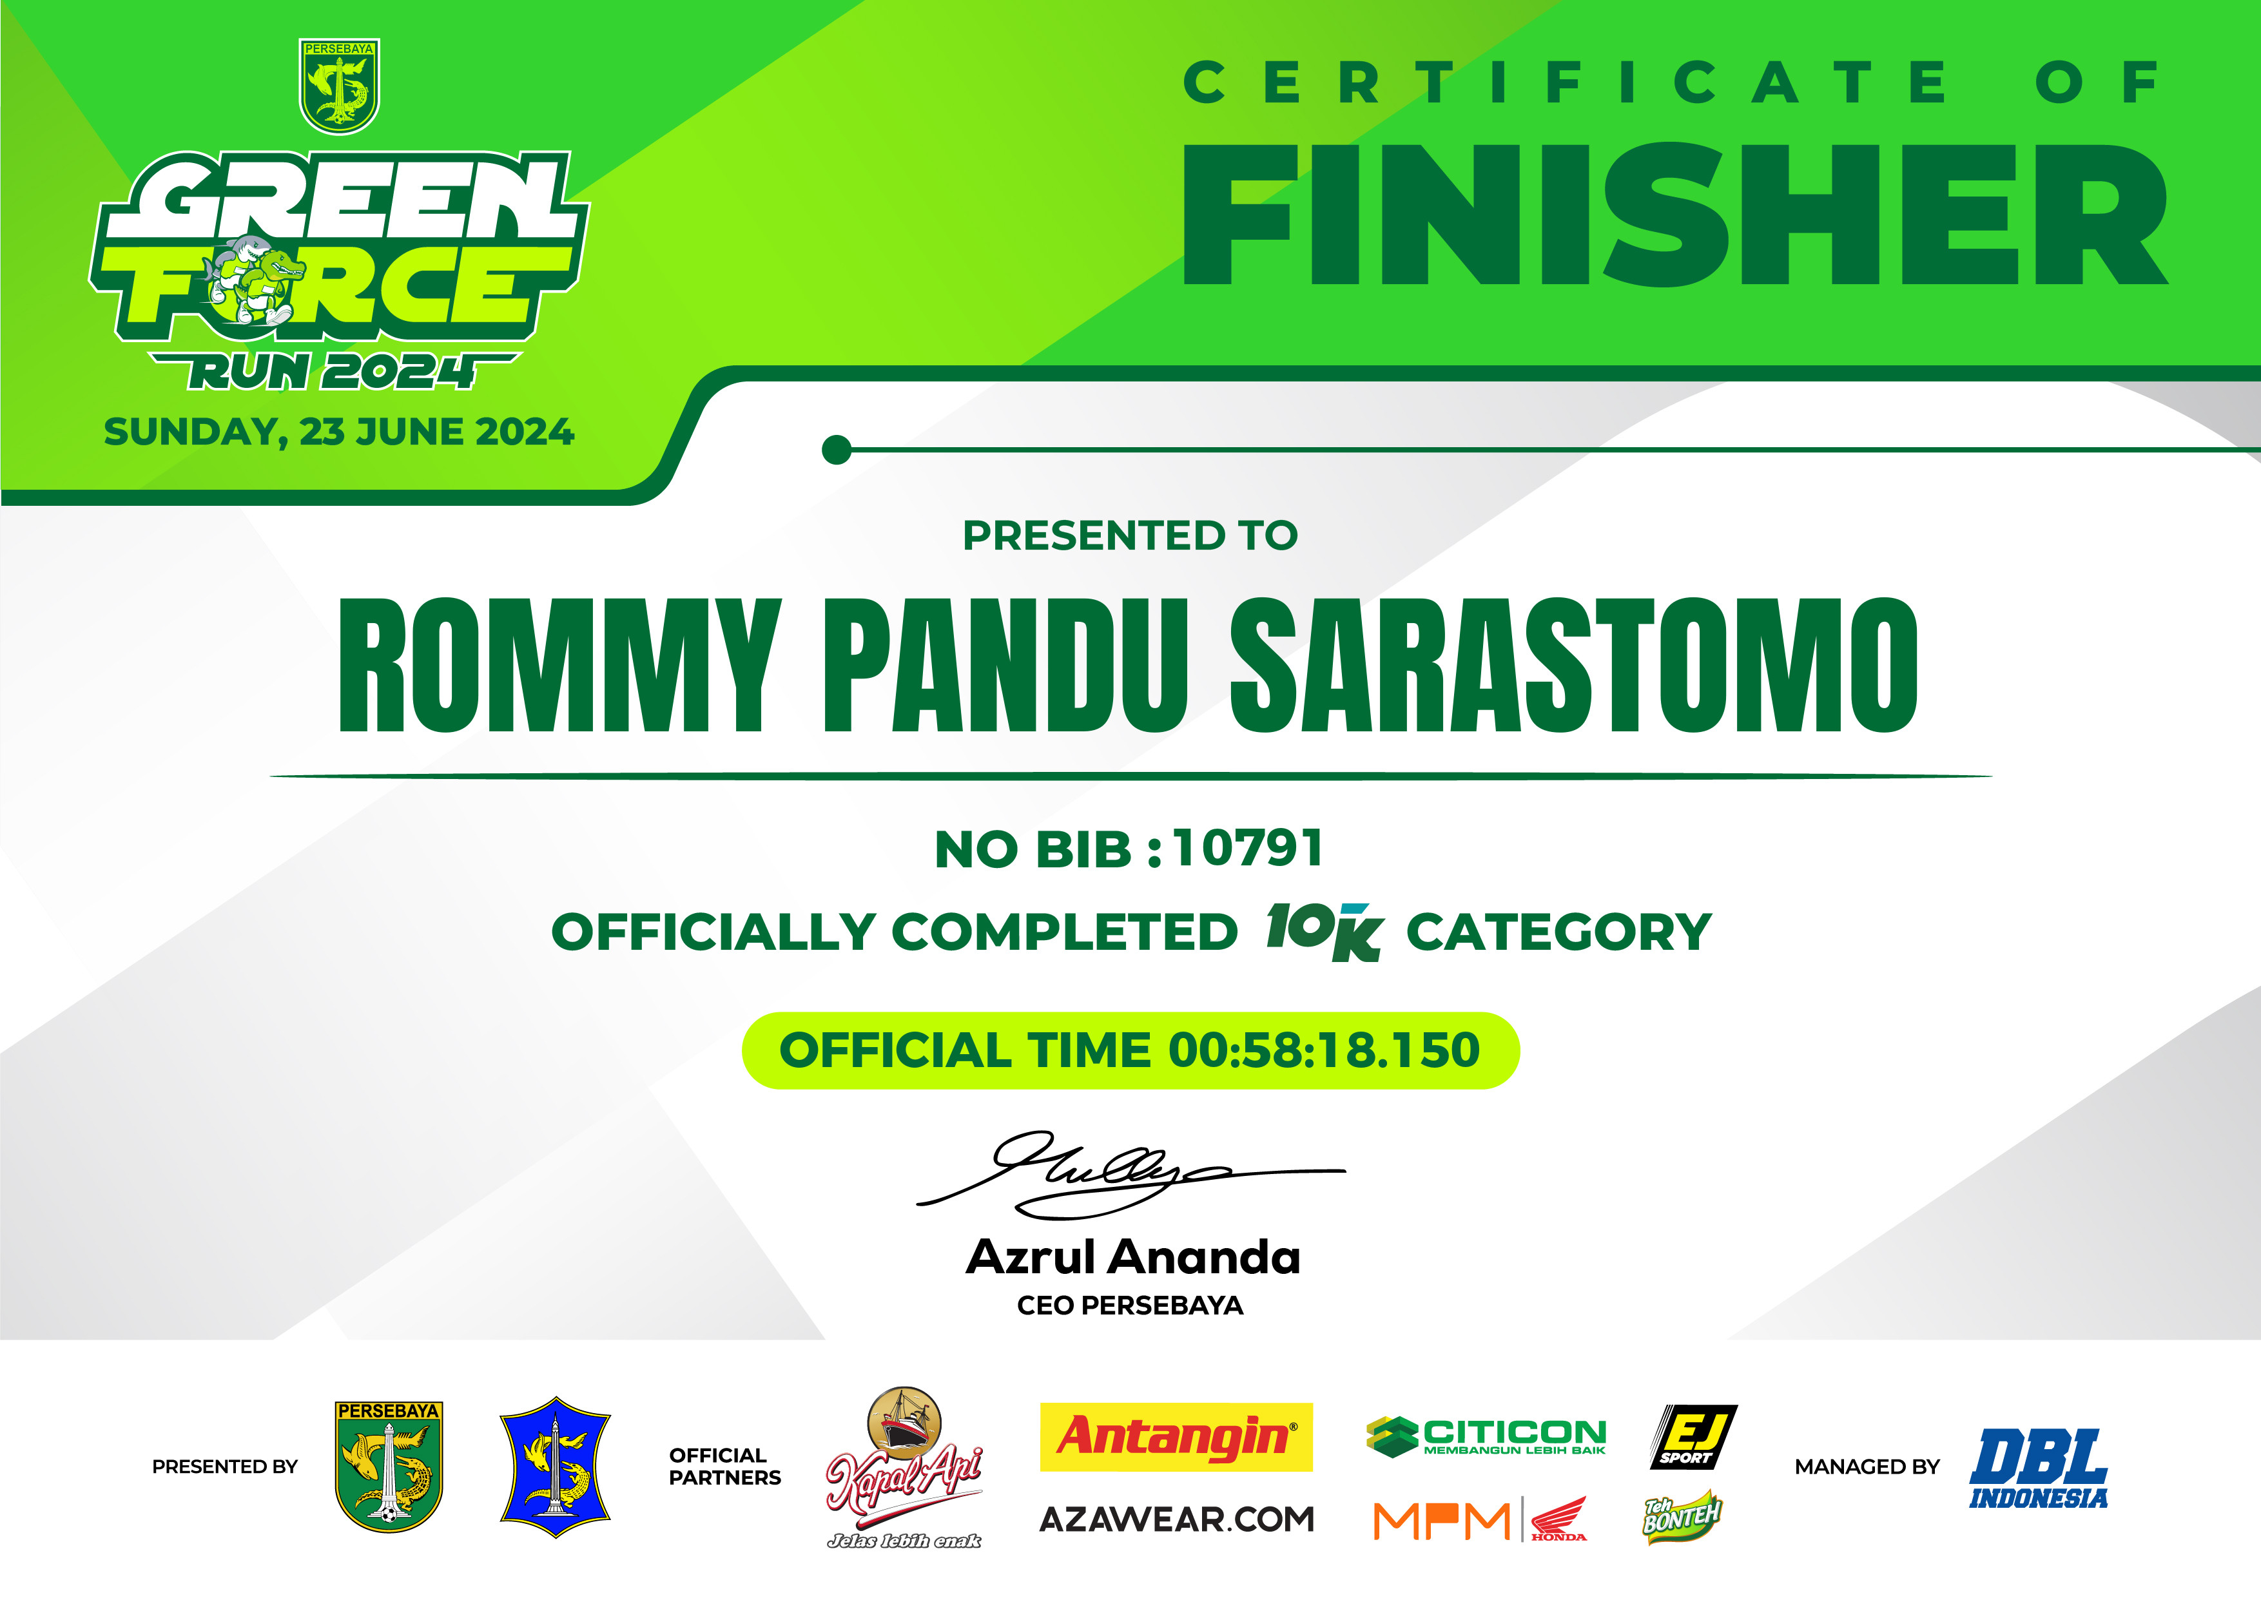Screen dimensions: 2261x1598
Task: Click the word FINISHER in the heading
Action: [x=1674, y=214]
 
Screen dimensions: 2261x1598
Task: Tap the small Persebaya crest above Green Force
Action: [x=339, y=86]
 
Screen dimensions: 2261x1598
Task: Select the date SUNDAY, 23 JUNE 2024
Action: [x=339, y=432]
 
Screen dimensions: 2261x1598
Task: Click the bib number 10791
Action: [x=1248, y=848]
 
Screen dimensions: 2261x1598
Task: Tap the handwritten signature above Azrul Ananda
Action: [x=1130, y=1175]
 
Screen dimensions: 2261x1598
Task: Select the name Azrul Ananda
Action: [x=1132, y=1257]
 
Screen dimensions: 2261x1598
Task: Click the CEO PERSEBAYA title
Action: [x=1130, y=1305]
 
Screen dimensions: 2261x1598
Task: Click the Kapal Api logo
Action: [x=904, y=1467]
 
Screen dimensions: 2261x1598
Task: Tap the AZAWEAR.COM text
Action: [x=1177, y=1519]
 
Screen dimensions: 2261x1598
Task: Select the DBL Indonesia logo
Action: [x=2039, y=1468]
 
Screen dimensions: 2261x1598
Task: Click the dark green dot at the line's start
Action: [x=836, y=450]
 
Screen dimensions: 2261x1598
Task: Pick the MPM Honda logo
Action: [x=1480, y=1520]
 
